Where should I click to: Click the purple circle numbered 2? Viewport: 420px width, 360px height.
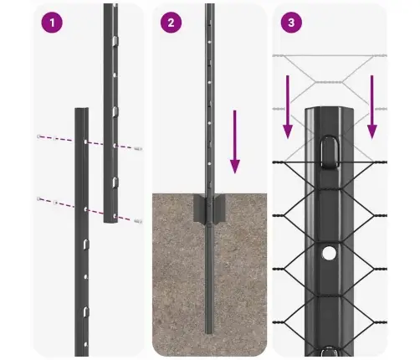pos(172,23)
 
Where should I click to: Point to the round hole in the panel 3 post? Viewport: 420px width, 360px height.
pos(330,251)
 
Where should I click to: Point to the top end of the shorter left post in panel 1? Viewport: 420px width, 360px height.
pos(81,109)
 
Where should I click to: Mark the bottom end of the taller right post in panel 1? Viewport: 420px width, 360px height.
pos(110,221)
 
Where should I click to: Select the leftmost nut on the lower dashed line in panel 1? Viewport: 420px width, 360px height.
pos(39,198)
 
